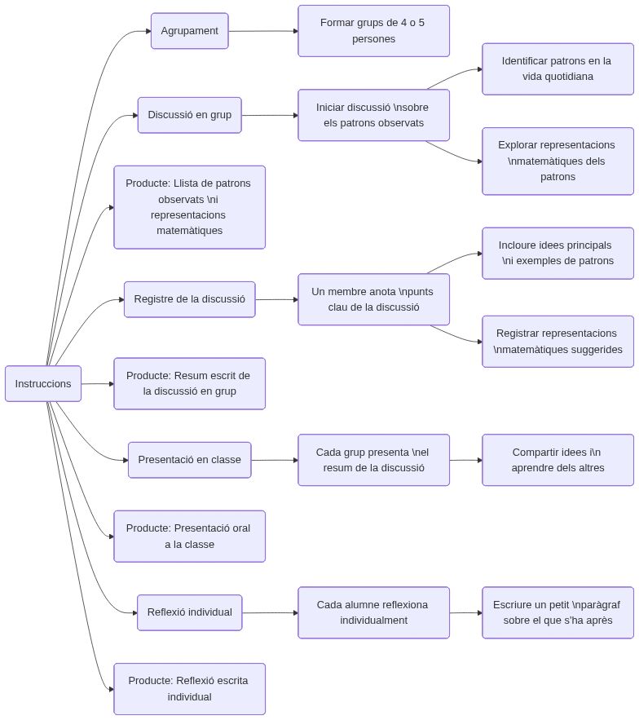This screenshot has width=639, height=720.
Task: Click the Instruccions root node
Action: pyautogui.click(x=43, y=383)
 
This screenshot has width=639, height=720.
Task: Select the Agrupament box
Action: pyautogui.click(x=189, y=31)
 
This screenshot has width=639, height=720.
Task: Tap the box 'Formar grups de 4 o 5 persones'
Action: pyautogui.click(x=373, y=31)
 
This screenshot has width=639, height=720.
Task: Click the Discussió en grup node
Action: pyautogui.click(x=189, y=115)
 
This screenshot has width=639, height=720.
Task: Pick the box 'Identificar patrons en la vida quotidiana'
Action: pyautogui.click(x=557, y=68)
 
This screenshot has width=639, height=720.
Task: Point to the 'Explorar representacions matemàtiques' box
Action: pyautogui.click(x=557, y=161)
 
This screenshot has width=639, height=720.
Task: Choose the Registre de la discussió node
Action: pyautogui.click(x=189, y=299)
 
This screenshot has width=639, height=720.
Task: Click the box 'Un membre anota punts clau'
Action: pyautogui.click(x=373, y=299)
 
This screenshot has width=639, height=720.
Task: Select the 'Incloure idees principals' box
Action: pyautogui.click(x=557, y=253)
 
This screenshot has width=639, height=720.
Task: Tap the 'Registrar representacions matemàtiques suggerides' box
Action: pyautogui.click(x=557, y=341)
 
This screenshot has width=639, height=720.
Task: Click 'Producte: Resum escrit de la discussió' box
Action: pyautogui.click(x=189, y=383)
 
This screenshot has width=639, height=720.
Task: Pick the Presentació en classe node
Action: pyautogui.click(x=189, y=460)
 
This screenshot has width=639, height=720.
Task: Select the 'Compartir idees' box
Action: pyautogui.click(x=557, y=460)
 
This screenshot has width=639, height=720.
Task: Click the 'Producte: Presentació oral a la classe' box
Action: pyautogui.click(x=189, y=536)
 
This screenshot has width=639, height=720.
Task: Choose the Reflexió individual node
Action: pyautogui.click(x=189, y=612)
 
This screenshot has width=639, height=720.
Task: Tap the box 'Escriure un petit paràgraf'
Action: pyautogui.click(x=557, y=612)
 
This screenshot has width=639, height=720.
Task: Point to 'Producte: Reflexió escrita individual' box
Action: pyautogui.click(x=189, y=688)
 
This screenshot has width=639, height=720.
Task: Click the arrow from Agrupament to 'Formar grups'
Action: pyautogui.click(x=262, y=31)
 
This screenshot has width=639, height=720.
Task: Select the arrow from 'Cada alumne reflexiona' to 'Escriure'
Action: pyautogui.click(x=465, y=612)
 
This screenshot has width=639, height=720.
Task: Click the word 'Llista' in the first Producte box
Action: pyautogui.click(x=187, y=183)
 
